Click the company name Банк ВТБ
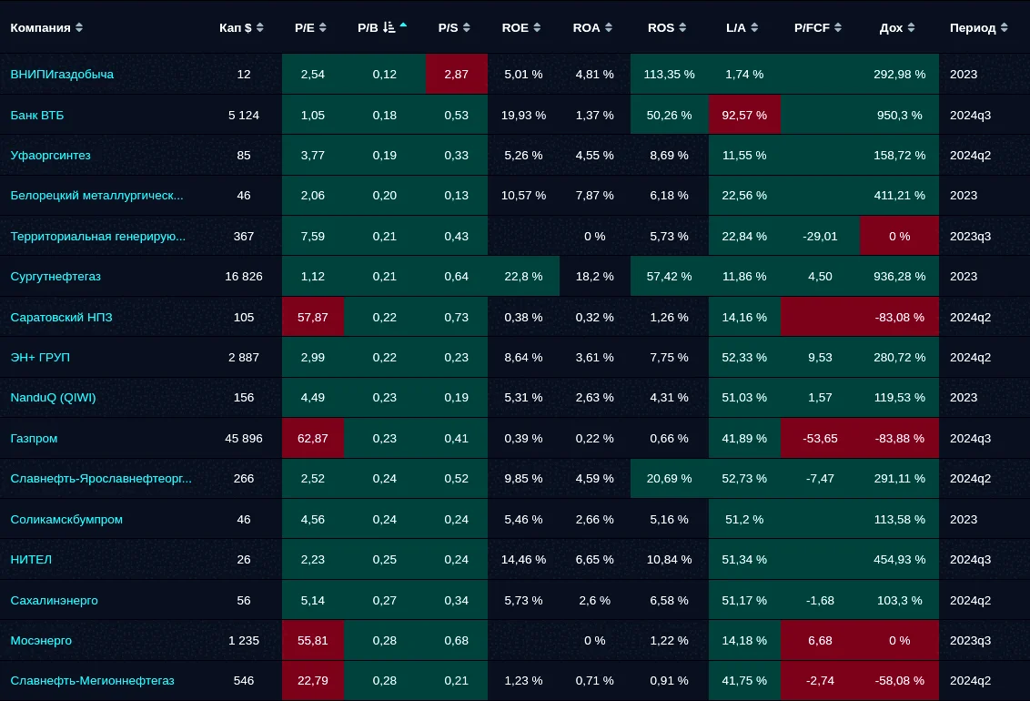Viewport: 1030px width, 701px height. (x=37, y=115)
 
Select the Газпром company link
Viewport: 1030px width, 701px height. (x=35, y=438)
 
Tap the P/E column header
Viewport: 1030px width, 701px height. (x=304, y=27)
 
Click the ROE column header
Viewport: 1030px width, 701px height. (x=515, y=27)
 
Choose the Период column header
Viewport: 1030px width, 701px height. (x=973, y=27)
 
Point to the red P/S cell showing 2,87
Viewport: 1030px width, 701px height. (x=457, y=74)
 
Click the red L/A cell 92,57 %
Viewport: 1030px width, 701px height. (x=744, y=115)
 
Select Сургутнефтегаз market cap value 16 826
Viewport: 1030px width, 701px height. (x=244, y=276)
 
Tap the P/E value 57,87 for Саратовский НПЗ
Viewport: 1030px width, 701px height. (x=312, y=317)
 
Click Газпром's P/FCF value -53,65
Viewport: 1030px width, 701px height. (x=820, y=438)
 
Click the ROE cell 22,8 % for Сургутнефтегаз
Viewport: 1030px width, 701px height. (x=522, y=276)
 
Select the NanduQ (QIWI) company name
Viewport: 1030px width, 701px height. (x=53, y=397)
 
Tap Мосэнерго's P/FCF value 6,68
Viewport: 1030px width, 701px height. (x=820, y=640)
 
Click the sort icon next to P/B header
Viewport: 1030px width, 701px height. (x=390, y=27)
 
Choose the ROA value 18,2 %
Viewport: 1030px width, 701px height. (x=594, y=276)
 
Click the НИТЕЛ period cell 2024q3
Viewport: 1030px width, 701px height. (x=970, y=559)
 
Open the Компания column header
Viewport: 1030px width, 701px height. (x=41, y=27)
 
